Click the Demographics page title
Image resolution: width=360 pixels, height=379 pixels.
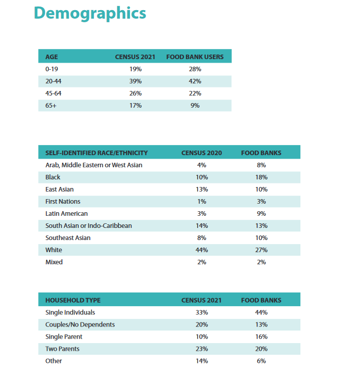tap(90, 13)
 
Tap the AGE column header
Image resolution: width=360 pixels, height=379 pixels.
tap(52, 57)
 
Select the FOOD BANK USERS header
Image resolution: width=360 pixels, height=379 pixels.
tap(195, 57)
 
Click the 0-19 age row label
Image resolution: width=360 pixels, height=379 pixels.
tap(52, 69)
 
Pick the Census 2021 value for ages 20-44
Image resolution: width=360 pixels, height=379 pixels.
tap(136, 81)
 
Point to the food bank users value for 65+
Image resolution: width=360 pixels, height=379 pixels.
tap(195, 106)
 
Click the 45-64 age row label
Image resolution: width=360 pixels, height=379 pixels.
tap(54, 93)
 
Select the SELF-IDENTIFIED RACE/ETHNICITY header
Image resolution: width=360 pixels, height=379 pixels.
tap(97, 153)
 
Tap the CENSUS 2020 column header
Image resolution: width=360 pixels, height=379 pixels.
tap(202, 153)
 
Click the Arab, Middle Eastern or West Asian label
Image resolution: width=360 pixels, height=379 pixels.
tap(94, 165)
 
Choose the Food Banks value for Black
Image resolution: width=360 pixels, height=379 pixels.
tap(261, 177)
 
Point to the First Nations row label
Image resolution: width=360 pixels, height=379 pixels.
tap(63, 201)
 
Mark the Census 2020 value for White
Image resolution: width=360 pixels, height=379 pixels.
tap(202, 250)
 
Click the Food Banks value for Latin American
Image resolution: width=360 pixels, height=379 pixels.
tap(261, 214)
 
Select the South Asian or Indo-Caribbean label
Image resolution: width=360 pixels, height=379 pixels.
tap(88, 226)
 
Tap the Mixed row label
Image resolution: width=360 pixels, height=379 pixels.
tap(54, 262)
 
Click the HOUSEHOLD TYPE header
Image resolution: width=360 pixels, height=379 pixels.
tap(73, 300)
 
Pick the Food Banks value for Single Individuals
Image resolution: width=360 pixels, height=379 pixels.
tap(261, 312)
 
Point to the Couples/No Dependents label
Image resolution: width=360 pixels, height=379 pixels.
tap(80, 324)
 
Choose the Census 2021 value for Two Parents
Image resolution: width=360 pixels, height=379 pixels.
tap(202, 349)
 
